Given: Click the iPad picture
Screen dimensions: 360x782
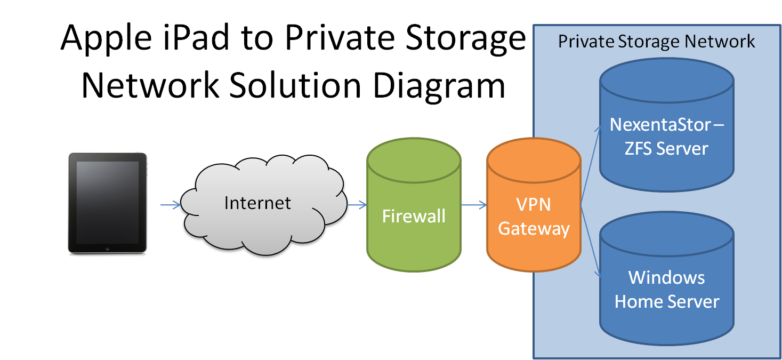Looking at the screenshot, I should pos(107,205).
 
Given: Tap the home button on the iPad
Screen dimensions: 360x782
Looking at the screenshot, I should pos(107,249).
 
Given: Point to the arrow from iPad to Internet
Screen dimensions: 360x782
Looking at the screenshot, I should pos(171,204).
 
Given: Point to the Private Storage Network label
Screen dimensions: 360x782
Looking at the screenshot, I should pos(656,41).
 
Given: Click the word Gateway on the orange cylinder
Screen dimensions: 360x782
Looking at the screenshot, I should pos(534,229).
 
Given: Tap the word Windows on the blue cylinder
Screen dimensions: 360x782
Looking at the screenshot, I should pos(666,277).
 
